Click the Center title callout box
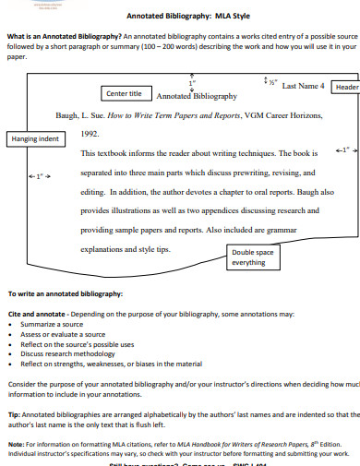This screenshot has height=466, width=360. (124, 93)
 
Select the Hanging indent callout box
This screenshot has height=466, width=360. (34, 138)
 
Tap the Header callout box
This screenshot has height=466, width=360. (346, 87)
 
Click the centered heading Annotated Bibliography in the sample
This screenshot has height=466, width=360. (197, 95)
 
